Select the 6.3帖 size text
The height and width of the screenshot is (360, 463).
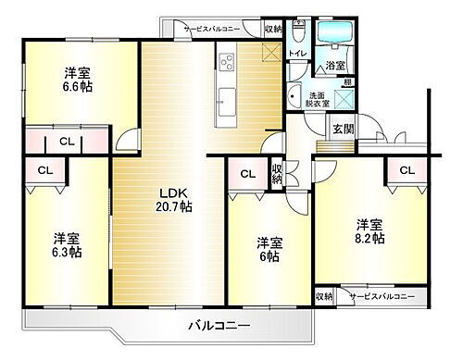(67, 252)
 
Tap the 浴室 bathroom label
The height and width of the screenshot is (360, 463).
(334, 67)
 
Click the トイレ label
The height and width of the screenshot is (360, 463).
(297, 54)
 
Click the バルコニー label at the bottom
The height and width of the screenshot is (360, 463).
(219, 326)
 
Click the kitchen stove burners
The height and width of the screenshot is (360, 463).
(226, 63)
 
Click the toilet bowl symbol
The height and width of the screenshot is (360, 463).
(298, 34)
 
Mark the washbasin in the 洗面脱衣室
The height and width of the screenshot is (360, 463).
(295, 96)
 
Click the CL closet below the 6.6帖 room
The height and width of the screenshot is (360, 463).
(67, 142)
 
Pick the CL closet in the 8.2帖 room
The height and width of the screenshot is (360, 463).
(406, 169)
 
